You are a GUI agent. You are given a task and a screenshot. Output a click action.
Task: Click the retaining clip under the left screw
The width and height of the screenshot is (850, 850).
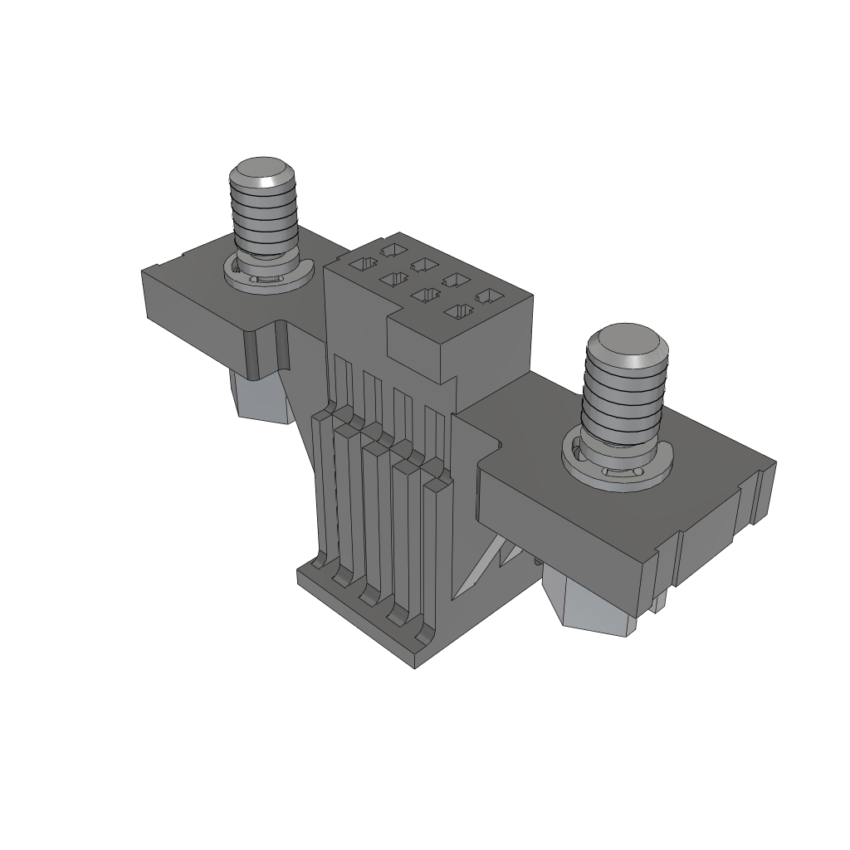pyautogui.click(x=267, y=276)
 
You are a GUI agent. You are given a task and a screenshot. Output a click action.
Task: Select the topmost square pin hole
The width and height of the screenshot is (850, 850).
pyautogui.click(x=391, y=249)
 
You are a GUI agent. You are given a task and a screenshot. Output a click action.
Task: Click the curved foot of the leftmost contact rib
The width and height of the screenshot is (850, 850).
pyautogui.click(x=315, y=566)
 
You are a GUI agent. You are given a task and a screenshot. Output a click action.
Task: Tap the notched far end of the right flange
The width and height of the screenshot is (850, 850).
pyautogui.click(x=760, y=498)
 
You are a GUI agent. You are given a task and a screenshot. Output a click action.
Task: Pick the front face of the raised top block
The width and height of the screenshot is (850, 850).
pyautogui.click(x=420, y=349)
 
